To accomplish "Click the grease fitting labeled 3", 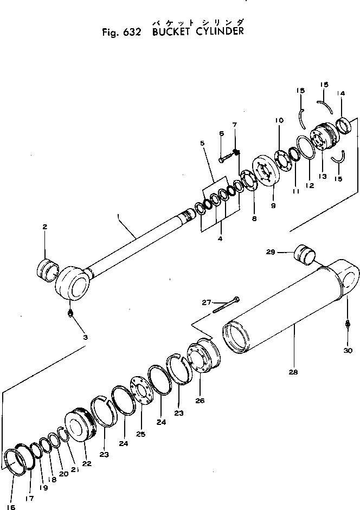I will click(70, 314).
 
